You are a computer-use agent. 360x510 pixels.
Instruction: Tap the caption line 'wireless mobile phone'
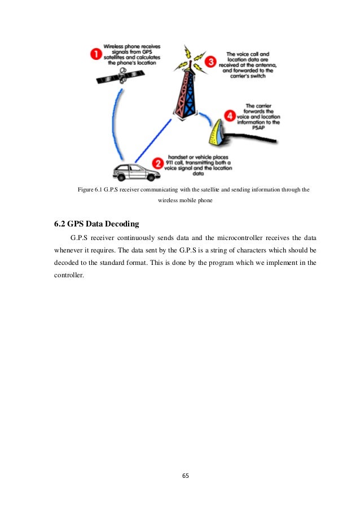point(179,200)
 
